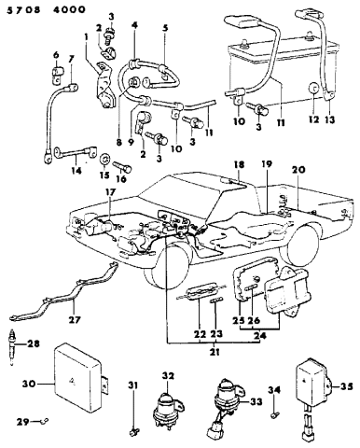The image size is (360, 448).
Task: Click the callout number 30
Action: coord(29,384)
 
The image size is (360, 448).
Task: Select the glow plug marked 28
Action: coord(12,348)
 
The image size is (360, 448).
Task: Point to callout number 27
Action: coord(75,319)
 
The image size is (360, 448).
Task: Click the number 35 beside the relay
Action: coord(347,386)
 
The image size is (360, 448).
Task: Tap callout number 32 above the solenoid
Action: coord(168,376)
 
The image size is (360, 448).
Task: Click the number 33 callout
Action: coord(256,402)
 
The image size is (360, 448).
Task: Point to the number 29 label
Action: coord(23,422)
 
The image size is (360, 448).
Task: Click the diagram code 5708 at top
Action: coord(23,9)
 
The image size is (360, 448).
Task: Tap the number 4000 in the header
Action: coord(69,9)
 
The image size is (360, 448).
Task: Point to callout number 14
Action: coord(76,171)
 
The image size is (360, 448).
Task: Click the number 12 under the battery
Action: coord(313,119)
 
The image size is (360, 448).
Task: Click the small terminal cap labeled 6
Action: coord(56,75)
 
